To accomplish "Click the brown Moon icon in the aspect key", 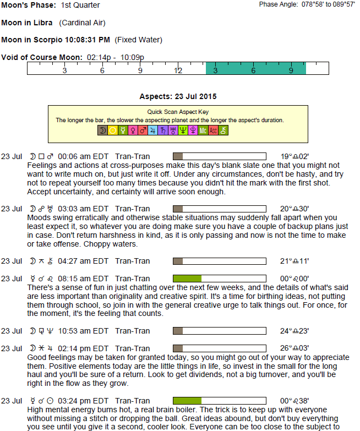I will (x=102, y=130).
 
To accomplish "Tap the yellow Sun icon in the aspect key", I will (x=113, y=130).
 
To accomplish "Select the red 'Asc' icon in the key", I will (x=214, y=130).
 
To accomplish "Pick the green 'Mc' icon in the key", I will (x=203, y=130).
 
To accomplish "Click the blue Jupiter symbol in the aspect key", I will (x=163, y=130).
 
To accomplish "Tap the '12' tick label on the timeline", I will (x=178, y=70).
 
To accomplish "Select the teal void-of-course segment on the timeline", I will (x=255, y=68).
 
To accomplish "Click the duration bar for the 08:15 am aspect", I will (x=187, y=279).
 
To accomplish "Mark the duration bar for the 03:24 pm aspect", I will (x=187, y=400).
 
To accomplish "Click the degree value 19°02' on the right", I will (x=294, y=156).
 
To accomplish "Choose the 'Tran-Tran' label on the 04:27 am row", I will (x=132, y=261).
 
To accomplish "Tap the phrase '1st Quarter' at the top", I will (x=80, y=5).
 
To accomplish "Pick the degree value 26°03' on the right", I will (x=294, y=348).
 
